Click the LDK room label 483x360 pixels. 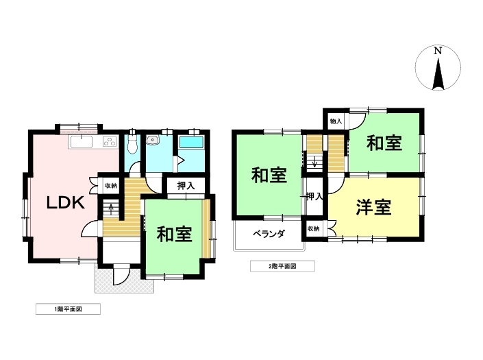pyautogui.click(x=66, y=202)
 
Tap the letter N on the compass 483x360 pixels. pyautogui.click(x=438, y=51)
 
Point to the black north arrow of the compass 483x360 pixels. pyautogui.click(x=438, y=73)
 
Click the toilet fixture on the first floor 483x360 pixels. pyautogui.click(x=132, y=143)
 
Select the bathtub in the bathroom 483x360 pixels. pyautogui.click(x=191, y=143)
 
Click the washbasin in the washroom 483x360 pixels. pyautogui.click(x=152, y=141)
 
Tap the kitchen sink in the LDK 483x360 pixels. pyautogui.click(x=82, y=143)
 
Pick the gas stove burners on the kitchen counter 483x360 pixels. pyautogui.click(x=110, y=141)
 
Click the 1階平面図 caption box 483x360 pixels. pyautogui.click(x=68, y=309)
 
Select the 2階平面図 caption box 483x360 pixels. pyautogui.click(x=282, y=266)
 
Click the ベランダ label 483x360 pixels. pyautogui.click(x=269, y=234)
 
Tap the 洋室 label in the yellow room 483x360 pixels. pyautogui.click(x=373, y=208)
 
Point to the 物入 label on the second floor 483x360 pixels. pyautogui.click(x=336, y=121)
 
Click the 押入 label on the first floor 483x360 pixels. pyautogui.click(x=186, y=186)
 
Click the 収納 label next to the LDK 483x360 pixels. pyautogui.click(x=111, y=186)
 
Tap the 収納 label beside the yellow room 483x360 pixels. pyautogui.click(x=313, y=229)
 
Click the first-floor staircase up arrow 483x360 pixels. pyautogui.click(x=111, y=208)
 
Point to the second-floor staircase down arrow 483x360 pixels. pyautogui.click(x=314, y=162)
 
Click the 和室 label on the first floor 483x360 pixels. pyautogui.click(x=174, y=235)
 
